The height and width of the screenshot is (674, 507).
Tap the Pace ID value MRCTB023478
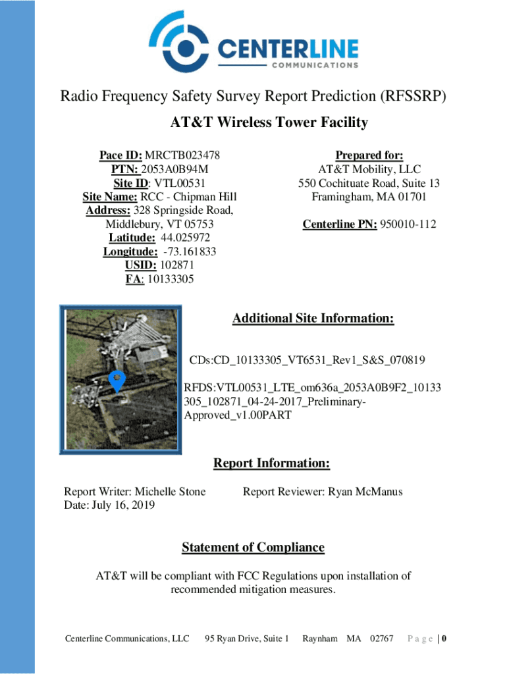pos(182,155)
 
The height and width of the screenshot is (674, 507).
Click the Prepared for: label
pos(369,155)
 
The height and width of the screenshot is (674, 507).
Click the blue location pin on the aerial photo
pos(117,380)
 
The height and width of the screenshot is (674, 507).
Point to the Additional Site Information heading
pos(313,319)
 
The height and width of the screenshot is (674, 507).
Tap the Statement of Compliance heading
pos(253,547)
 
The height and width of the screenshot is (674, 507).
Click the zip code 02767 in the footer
pos(382,638)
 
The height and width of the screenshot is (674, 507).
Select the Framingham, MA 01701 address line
pos(369,197)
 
